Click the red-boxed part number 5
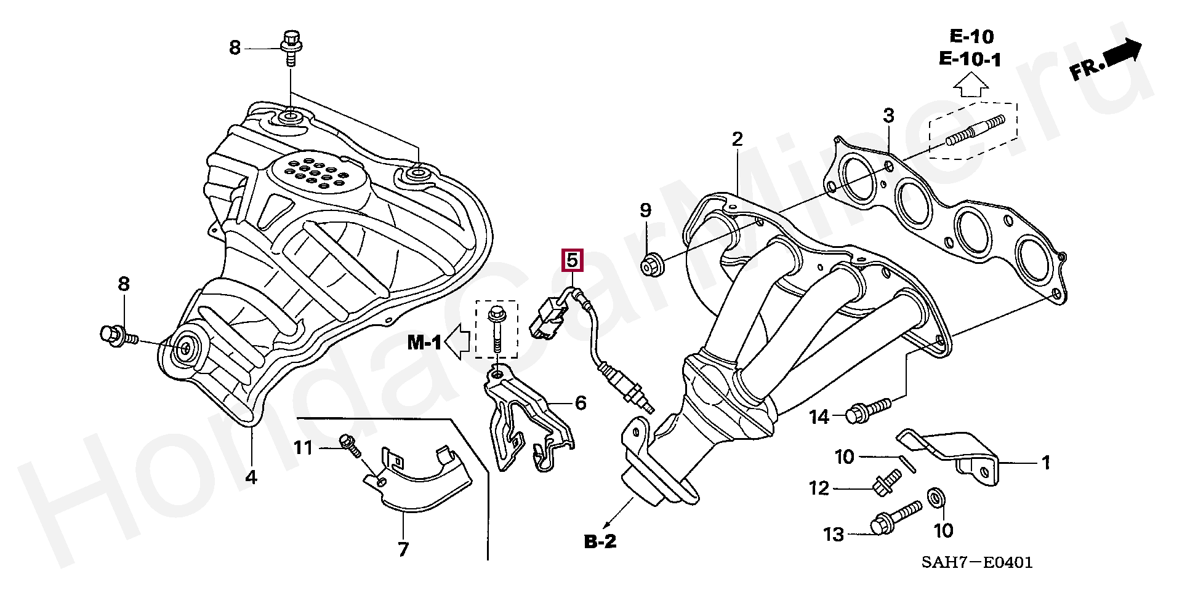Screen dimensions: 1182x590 pos(572,260)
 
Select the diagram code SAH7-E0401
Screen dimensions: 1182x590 pos(976,562)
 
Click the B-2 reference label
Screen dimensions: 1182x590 pos(600,541)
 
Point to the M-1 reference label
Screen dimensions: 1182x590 pos(424,343)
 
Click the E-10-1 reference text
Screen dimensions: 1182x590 pos(970,59)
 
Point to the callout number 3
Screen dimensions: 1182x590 pos(888,115)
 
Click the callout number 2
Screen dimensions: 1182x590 pos(738,139)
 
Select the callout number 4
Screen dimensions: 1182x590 pos(251,477)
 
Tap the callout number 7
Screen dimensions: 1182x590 pos(403,549)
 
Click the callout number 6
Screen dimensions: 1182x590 pos(581,404)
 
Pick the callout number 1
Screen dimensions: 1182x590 pos(1046,463)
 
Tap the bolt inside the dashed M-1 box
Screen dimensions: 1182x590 pos(495,329)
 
